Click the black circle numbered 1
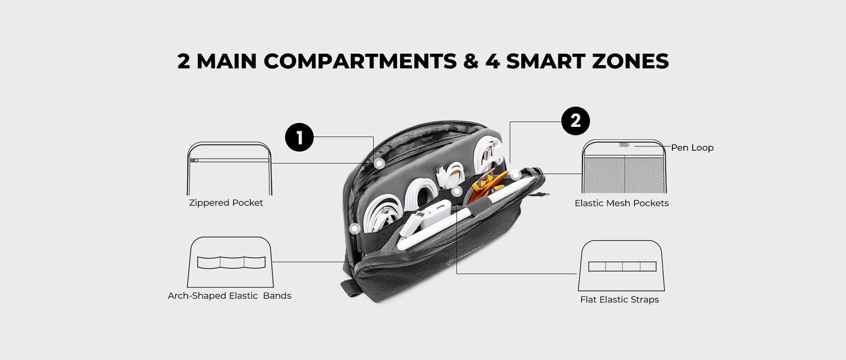click(x=299, y=137)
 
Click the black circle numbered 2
click(x=575, y=121)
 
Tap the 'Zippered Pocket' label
click(x=226, y=203)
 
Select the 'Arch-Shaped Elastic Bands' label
click(x=229, y=296)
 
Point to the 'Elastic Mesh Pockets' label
click(x=621, y=203)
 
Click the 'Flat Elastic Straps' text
click(x=619, y=300)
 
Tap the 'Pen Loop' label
click(x=692, y=148)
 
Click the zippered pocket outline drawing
click(x=229, y=169)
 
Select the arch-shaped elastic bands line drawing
click(x=230, y=262)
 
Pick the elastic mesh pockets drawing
click(x=624, y=167)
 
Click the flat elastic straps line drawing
click(x=622, y=266)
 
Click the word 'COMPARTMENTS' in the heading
click(x=360, y=61)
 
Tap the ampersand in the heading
click(x=471, y=61)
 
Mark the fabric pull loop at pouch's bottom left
click(x=348, y=289)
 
